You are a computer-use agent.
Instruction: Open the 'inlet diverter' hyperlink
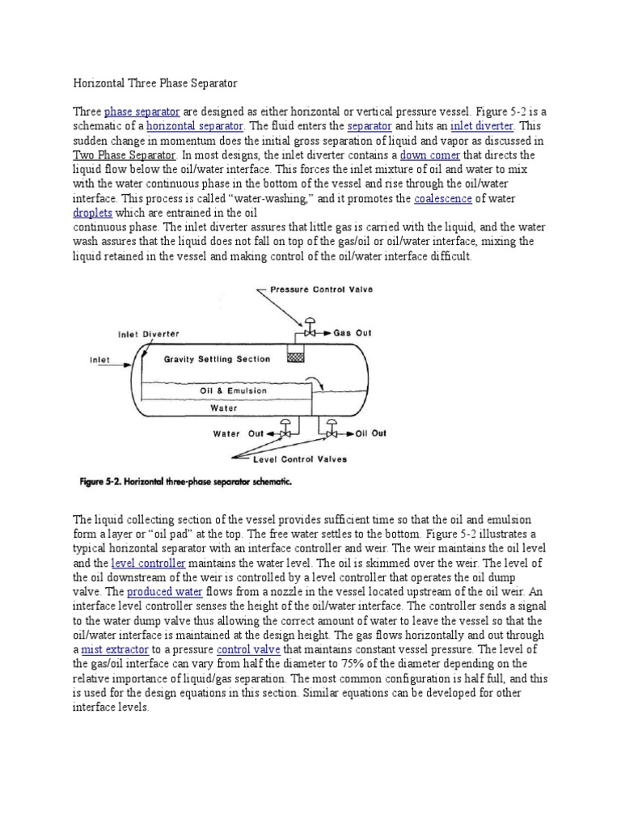point(482,126)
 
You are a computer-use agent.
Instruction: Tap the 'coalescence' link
point(442,198)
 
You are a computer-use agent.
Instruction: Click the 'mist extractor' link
point(112,649)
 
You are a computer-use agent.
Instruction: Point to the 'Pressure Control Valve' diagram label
point(321,289)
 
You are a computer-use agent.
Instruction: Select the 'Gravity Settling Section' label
point(217,359)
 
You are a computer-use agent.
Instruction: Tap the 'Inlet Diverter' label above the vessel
point(149,333)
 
